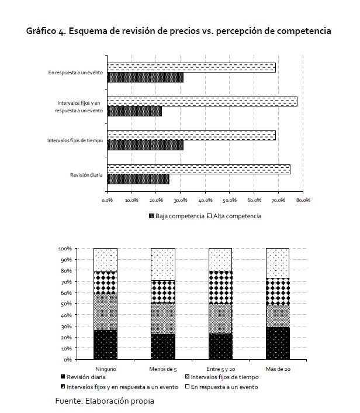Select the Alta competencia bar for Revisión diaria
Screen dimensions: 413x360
[x=199, y=170]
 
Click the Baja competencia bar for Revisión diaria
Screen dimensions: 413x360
[x=138, y=179]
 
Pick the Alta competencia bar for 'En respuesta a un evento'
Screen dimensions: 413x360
[x=191, y=68]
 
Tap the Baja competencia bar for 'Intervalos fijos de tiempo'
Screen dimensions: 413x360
[x=145, y=145]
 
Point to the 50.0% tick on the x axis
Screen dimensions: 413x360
[x=230, y=200]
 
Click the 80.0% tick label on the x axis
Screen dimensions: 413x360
[x=303, y=200]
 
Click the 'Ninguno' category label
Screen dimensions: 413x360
[x=106, y=369]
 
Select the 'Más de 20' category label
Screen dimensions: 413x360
[x=278, y=369]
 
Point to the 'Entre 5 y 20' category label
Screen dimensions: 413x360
[x=220, y=369]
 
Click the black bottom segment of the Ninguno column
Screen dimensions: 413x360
[x=106, y=345]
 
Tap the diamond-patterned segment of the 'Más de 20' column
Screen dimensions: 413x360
[x=278, y=291]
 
